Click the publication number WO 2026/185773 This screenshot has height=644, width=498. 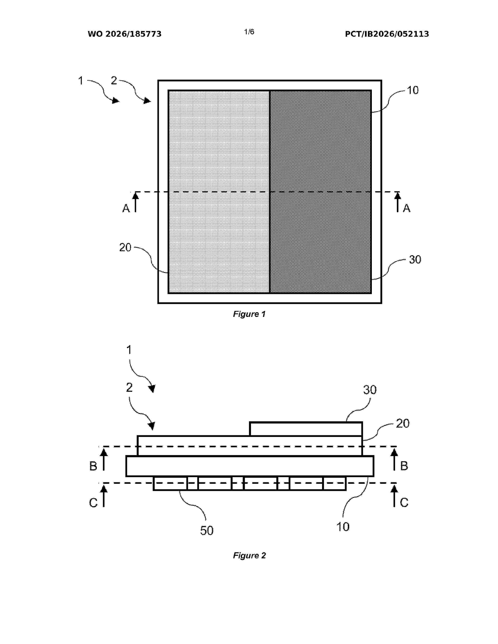pyautogui.click(x=125, y=34)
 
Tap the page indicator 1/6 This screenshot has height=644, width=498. pyautogui.click(x=249, y=32)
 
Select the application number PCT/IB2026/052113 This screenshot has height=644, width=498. pyautogui.click(x=387, y=34)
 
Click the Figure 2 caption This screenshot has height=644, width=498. pyautogui.click(x=249, y=556)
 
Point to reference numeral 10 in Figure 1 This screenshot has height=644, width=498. pyautogui.click(x=413, y=90)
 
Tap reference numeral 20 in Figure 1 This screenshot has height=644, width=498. pyautogui.click(x=125, y=247)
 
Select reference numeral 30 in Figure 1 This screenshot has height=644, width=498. pyautogui.click(x=415, y=260)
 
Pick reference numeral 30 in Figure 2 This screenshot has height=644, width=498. pyautogui.click(x=370, y=390)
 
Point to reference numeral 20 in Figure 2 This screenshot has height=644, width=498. pyautogui.click(x=403, y=423)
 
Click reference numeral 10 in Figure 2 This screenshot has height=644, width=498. pyautogui.click(x=343, y=527)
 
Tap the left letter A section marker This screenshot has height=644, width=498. pyautogui.click(x=126, y=208)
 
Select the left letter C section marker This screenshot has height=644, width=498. pyautogui.click(x=93, y=503)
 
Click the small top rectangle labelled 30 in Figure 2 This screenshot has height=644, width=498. pyautogui.click(x=306, y=429)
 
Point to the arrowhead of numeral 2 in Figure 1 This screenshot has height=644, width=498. pyautogui.click(x=147, y=101)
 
